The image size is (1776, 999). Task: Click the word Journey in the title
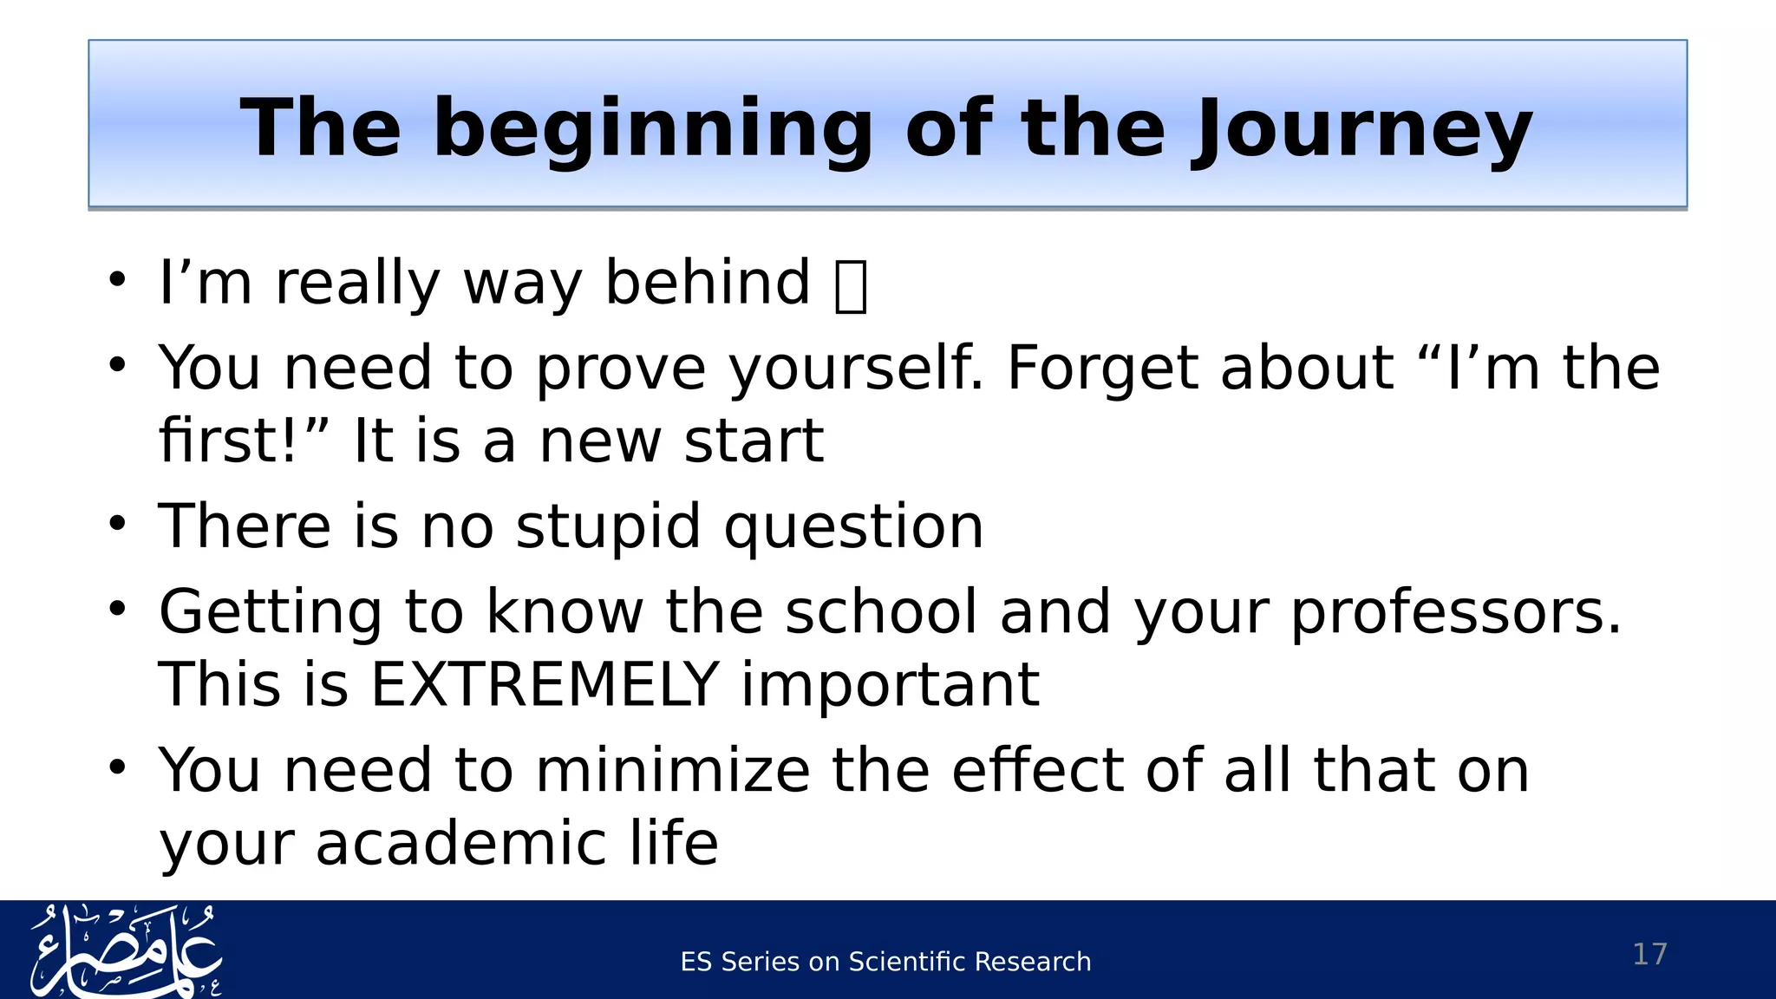[x=1361, y=130]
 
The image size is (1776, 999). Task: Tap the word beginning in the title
[x=652, y=130]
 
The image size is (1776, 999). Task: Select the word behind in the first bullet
[x=707, y=283]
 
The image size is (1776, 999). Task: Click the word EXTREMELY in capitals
[x=545, y=685]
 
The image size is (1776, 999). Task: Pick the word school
[x=881, y=612]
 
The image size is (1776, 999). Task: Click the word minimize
[x=673, y=770]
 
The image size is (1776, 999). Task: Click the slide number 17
[x=1649, y=954]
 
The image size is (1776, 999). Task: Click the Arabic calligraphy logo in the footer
[x=126, y=950]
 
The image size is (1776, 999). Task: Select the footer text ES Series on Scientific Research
[x=885, y=962]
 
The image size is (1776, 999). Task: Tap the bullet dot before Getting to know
[x=118, y=609]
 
